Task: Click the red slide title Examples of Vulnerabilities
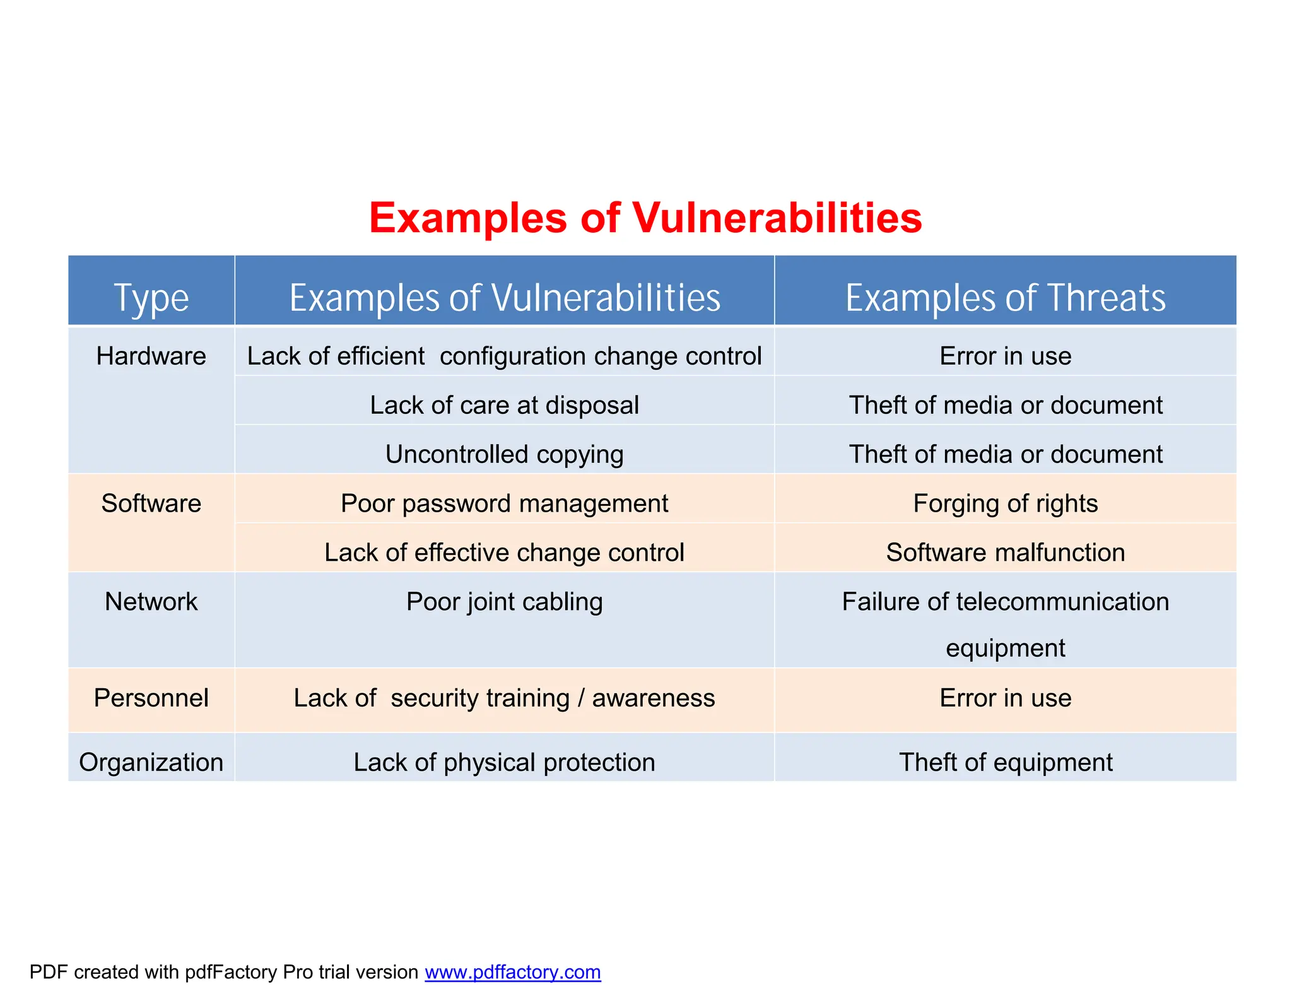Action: [x=645, y=218]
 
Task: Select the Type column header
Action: [x=151, y=298]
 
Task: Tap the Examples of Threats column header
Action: [x=1005, y=298]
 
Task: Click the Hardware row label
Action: [x=151, y=356]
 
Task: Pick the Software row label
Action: [x=151, y=503]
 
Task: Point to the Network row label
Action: [x=151, y=602]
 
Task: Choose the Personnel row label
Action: [x=151, y=698]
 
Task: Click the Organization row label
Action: [x=151, y=763]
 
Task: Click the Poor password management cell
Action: [x=504, y=503]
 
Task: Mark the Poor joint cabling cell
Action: [x=504, y=602]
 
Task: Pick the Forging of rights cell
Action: [x=1005, y=503]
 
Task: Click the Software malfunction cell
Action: [x=1005, y=553]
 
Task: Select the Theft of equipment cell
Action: [x=1005, y=763]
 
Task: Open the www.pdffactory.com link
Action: [x=512, y=972]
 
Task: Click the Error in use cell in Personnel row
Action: [x=1005, y=698]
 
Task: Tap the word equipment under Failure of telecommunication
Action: [x=1005, y=649]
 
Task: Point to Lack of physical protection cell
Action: [x=504, y=763]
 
